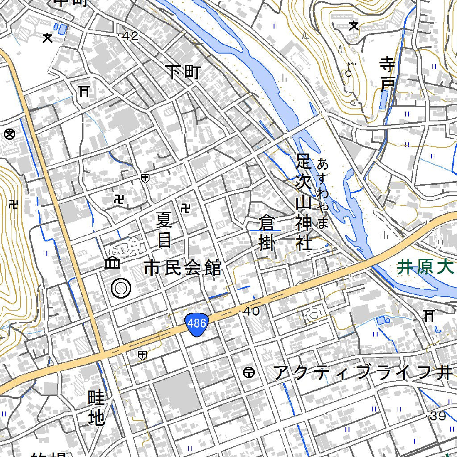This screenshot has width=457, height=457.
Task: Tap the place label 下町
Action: pyautogui.click(x=183, y=71)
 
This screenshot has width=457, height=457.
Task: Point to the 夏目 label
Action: pyautogui.click(x=164, y=230)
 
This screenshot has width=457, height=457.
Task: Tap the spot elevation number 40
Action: pyautogui.click(x=251, y=311)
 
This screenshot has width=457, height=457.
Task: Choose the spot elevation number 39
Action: pyautogui.click(x=438, y=416)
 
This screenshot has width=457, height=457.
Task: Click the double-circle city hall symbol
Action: pyautogui.click(x=121, y=288)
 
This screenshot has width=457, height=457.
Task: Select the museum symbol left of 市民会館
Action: pyautogui.click(x=112, y=263)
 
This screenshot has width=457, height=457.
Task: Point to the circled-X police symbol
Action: pyautogui.click(x=9, y=133)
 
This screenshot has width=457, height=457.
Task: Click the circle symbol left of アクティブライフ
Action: pyautogui.click(x=249, y=372)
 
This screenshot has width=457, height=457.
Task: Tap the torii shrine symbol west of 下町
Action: pyautogui.click(x=83, y=91)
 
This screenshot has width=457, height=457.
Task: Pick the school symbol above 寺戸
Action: pyautogui.click(x=354, y=26)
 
